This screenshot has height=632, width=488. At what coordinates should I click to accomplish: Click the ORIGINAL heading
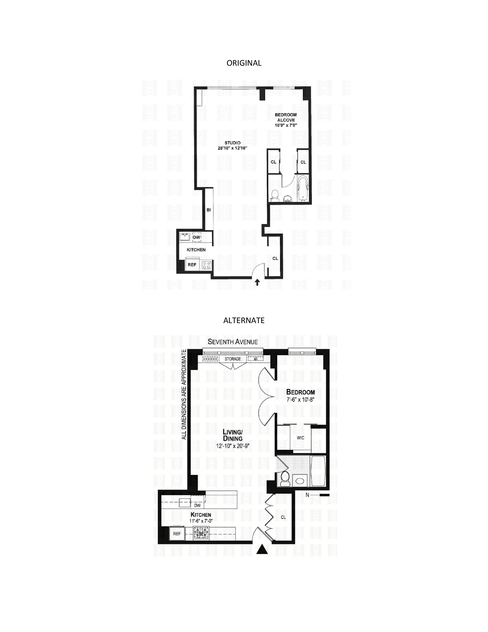tap(244, 63)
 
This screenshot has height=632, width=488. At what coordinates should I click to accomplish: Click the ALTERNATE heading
tap(244, 320)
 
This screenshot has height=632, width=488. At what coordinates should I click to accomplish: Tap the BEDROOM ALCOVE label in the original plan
tap(286, 117)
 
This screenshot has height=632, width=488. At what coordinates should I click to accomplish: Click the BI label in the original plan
tap(208, 210)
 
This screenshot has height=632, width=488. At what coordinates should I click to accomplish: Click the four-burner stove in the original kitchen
tap(206, 265)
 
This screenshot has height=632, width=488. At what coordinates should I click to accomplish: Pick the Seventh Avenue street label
tap(233, 342)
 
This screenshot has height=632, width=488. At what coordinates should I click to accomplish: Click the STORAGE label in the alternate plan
tap(233, 359)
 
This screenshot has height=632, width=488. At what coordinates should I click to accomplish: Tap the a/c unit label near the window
tap(255, 359)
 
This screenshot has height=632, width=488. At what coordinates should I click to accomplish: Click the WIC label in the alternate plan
tap(300, 438)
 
